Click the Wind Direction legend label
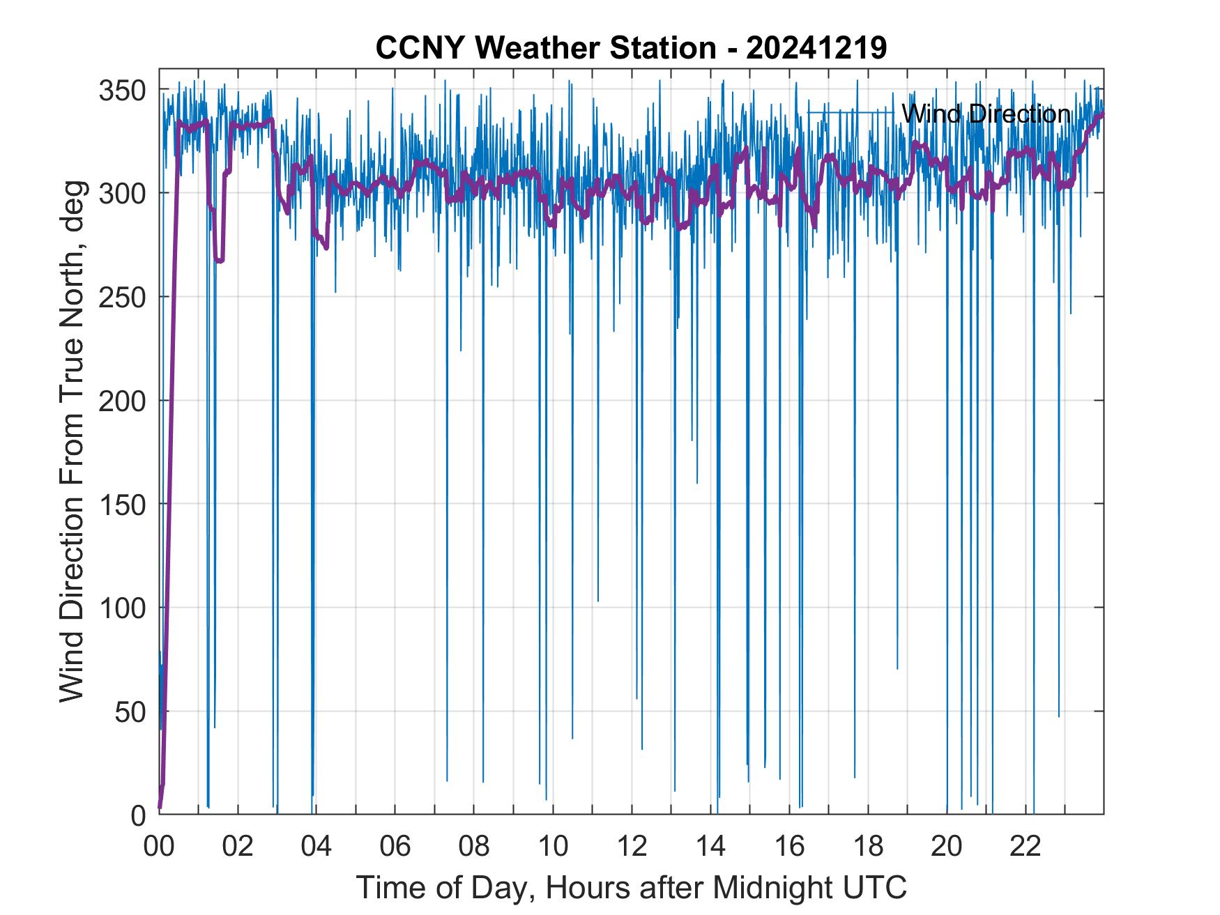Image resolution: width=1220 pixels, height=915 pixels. coord(985,114)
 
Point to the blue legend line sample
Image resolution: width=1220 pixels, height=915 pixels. coord(851,113)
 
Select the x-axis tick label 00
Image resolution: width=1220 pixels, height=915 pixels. coord(159,847)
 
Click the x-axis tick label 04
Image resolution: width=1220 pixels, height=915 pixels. coord(317,847)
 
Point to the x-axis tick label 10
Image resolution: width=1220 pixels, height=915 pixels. coord(553,847)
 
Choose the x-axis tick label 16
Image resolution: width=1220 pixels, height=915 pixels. coord(789,847)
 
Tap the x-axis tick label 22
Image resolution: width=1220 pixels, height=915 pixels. coord(1025,847)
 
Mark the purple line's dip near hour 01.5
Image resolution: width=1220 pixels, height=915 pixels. coord(219,260)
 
